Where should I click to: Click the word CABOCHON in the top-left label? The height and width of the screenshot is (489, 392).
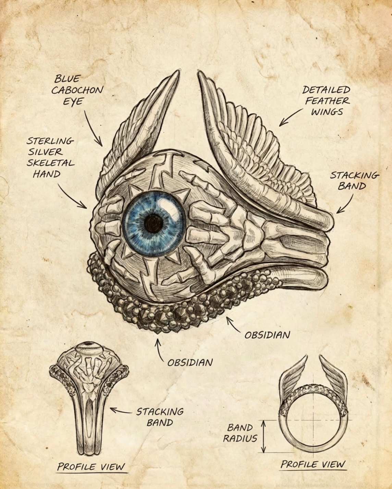[x=77, y=90]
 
